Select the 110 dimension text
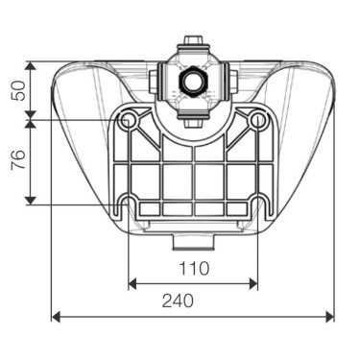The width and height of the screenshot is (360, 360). [192, 267]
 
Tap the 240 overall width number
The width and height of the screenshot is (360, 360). [192, 300]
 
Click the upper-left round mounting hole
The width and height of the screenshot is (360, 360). [129, 120]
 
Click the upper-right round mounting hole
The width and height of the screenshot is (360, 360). [257, 120]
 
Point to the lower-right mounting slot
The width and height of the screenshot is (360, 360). [257, 204]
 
